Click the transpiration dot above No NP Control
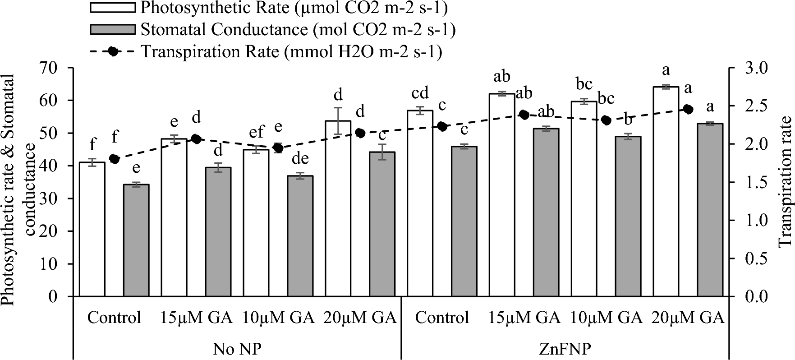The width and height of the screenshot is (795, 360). coord(114,159)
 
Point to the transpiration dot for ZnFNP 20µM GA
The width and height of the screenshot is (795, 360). coord(688,109)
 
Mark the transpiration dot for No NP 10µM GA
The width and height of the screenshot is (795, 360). coord(278,148)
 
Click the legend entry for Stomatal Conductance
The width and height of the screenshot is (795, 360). coord(113,30)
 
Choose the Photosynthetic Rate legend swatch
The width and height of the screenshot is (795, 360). coord(113,8)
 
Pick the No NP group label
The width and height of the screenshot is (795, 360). coord(237,349)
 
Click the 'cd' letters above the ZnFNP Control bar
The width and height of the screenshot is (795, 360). coord(420,94)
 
